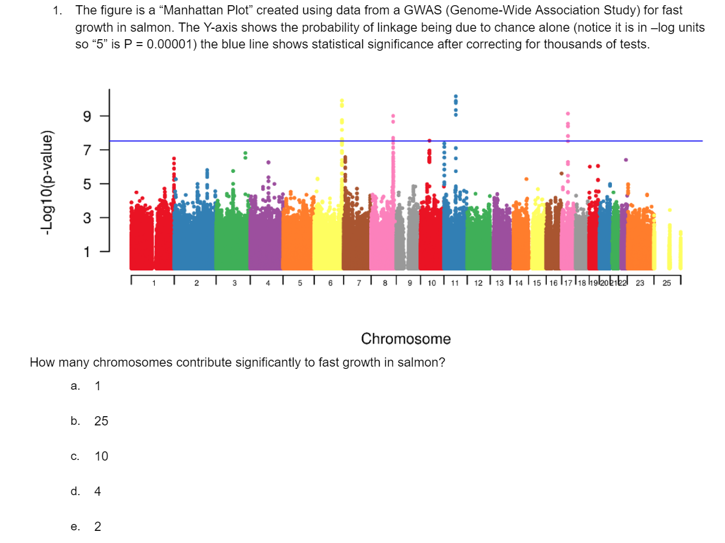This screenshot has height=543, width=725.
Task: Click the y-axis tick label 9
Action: pos(87,116)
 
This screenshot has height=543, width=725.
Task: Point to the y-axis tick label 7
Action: pos(87,150)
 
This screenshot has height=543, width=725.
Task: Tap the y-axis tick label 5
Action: pos(87,184)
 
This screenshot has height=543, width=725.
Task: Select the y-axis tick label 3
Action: pos(87,218)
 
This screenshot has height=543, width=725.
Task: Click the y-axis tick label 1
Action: pos(87,251)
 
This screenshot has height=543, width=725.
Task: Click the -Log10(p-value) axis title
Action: pos(47,182)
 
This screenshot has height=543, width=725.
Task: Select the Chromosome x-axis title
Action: pos(405,339)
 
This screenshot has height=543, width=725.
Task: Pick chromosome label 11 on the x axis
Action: pos(454,284)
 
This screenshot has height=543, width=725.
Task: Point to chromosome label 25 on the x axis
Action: pos(667,284)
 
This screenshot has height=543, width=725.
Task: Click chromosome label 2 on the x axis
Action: pos(196,284)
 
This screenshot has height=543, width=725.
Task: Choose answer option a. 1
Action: pos(97,387)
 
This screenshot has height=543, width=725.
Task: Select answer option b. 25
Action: pos(101,421)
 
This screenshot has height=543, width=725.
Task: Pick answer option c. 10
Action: pos(101,457)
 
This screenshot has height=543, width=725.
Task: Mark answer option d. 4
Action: pos(97,492)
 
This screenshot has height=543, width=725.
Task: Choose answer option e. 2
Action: pos(97,527)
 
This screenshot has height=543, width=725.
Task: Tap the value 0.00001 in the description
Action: pos(172,45)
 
